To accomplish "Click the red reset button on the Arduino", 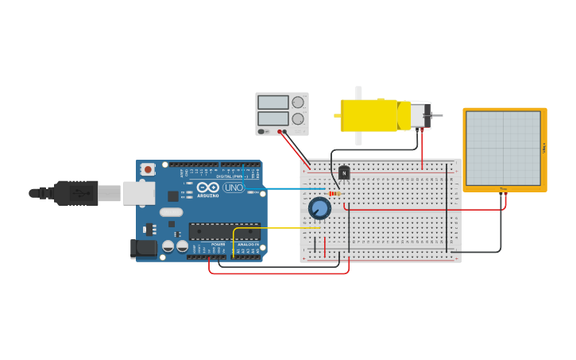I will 148,169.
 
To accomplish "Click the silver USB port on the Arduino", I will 138,193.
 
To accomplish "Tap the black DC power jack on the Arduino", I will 143,248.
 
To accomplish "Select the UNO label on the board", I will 234,188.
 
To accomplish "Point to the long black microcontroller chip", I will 223,231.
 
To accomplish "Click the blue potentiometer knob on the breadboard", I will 319,208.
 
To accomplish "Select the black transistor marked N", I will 344,172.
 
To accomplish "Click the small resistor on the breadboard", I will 334,193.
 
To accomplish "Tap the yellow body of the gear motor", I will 369,115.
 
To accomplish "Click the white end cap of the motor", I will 418,115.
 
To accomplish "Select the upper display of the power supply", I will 273,103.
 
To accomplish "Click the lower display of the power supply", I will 273,120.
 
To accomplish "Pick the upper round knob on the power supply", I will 298,102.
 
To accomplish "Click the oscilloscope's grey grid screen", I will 503,147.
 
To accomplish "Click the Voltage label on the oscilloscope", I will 543,149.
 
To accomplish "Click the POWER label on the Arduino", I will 218,244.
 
